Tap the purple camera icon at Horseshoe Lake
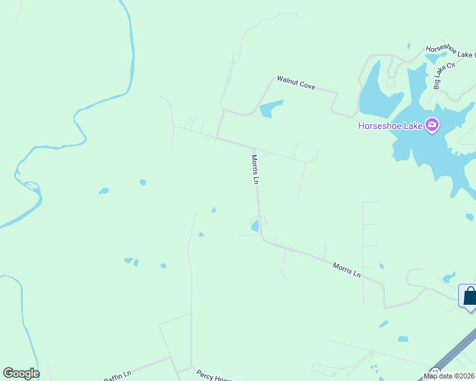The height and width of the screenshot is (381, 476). coord(433,124)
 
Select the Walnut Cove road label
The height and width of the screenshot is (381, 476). coord(296,83)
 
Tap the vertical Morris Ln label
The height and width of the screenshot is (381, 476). coord(256,170)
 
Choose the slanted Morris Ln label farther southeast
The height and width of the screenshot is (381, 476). coord(347,270)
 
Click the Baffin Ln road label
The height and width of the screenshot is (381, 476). coord(117,377)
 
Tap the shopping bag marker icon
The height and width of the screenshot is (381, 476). coord(470,297)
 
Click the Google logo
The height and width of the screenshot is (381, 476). coord(21,373)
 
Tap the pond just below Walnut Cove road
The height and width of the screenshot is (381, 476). coord(271,109)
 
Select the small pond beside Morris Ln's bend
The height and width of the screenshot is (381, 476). coord(255,225)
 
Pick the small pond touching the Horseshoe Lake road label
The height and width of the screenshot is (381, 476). coord(437,58)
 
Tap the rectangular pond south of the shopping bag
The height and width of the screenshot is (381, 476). coord(403,339)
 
